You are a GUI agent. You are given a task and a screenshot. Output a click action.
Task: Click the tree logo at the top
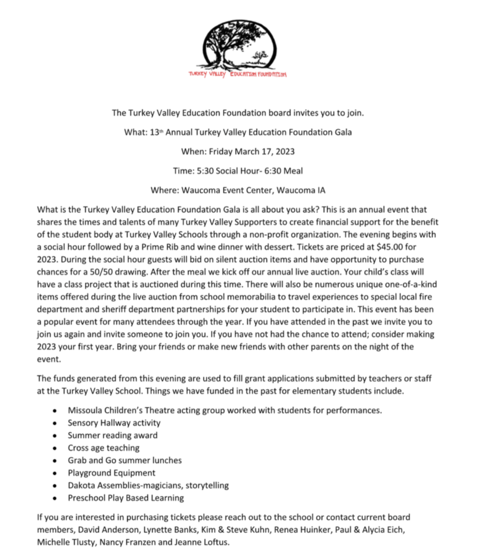click(239, 45)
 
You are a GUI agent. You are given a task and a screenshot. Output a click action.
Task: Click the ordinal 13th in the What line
click(157, 132)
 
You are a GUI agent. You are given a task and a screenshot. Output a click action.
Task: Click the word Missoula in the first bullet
click(85, 409)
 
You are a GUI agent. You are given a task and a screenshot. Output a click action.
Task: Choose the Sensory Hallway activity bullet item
click(114, 422)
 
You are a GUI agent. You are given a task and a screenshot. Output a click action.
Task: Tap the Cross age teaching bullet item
click(104, 448)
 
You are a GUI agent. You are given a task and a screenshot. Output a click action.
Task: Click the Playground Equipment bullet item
click(111, 473)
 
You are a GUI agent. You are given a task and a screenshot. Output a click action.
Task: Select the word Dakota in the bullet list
click(81, 485)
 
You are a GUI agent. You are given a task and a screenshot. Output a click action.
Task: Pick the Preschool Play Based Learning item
click(126, 498)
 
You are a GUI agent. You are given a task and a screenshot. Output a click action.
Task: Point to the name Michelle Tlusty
click(63, 543)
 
